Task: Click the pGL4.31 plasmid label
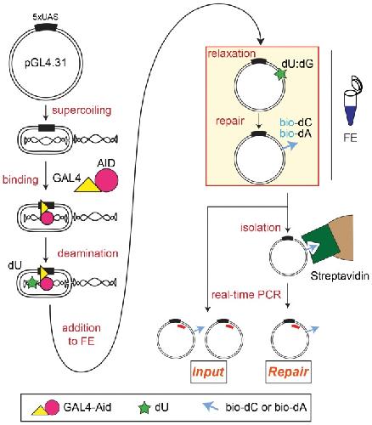tap(46, 63)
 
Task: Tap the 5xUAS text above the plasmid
tap(46, 17)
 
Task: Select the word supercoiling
tap(82, 110)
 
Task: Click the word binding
tap(20, 179)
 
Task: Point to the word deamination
tap(87, 253)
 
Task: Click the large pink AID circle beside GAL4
tap(106, 180)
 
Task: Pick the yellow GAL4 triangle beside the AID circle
tap(87, 185)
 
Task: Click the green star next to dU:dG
tap(281, 75)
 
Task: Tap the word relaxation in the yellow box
tap(232, 54)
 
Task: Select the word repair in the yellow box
tap(230, 121)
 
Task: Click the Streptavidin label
tap(340, 275)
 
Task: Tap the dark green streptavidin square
tap(320, 244)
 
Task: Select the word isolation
tap(261, 228)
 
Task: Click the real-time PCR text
tap(246, 295)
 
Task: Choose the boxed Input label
tap(208, 371)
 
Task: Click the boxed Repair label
tap(288, 371)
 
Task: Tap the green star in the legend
tap(144, 408)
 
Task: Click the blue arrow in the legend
tap(211, 407)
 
